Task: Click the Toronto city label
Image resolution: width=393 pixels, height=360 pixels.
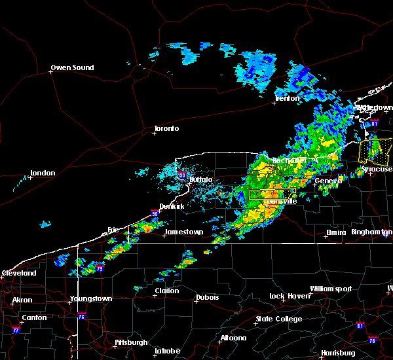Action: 166,128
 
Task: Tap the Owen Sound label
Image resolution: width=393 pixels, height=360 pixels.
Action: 73,67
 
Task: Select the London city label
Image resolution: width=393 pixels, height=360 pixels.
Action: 43,173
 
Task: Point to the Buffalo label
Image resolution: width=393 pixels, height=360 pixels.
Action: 201,179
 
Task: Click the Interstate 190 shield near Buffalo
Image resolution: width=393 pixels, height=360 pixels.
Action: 182,175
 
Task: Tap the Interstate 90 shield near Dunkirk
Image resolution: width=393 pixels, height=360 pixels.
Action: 154,213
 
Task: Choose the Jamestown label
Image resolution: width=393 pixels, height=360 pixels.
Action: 184,232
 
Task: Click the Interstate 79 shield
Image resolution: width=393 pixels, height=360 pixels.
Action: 100,268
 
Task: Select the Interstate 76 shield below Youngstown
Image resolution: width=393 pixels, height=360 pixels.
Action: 83,317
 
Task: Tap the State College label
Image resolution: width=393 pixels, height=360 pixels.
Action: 279,319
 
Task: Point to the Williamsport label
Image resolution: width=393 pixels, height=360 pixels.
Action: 331,289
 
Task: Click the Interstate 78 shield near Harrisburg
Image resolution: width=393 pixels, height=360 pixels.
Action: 373,340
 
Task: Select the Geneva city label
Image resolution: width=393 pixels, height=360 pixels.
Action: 327,181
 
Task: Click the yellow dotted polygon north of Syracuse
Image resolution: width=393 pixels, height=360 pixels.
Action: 375,151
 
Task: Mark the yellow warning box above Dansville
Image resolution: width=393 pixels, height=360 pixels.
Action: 272,194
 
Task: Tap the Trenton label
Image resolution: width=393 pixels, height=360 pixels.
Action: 287,98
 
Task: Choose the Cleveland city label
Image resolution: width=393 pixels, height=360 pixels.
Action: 19,272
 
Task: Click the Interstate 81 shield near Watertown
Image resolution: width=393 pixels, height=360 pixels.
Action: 375,122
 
